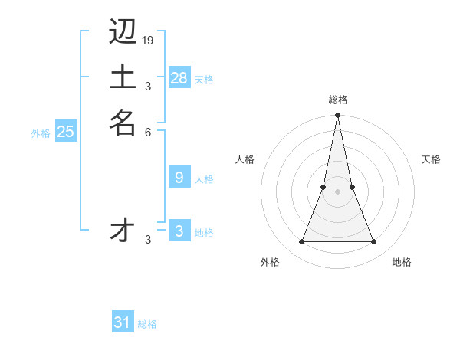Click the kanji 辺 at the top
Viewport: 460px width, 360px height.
click(123, 31)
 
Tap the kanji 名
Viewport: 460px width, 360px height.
click(123, 123)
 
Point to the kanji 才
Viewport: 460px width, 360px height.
click(123, 230)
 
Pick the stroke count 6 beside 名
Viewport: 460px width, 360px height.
click(148, 132)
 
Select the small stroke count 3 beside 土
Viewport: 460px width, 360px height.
click(148, 86)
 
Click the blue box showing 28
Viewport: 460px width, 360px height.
click(179, 77)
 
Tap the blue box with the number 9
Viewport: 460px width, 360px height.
click(179, 178)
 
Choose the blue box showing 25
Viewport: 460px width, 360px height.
click(66, 132)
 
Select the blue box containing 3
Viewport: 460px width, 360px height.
click(179, 231)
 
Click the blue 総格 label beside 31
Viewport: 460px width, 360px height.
click(147, 324)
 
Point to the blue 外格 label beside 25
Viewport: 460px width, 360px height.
click(41, 133)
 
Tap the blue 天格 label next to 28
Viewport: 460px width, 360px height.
click(204, 80)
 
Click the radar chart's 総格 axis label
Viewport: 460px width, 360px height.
click(337, 100)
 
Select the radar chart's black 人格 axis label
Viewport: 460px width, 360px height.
click(245, 159)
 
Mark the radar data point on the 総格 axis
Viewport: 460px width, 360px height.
click(337, 116)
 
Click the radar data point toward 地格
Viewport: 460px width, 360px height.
click(374, 242)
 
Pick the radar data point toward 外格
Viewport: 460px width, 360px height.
click(301, 242)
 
